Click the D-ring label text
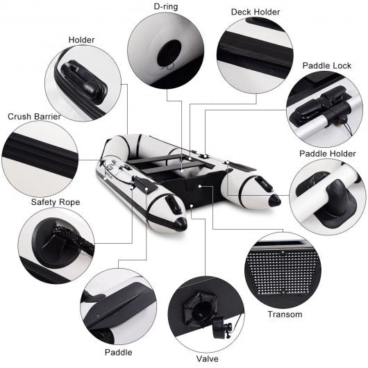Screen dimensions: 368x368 click(166, 6)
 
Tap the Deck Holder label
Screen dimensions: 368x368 click(256, 12)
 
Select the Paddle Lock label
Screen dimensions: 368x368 click(327, 65)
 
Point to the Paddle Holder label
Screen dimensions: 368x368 click(328, 153)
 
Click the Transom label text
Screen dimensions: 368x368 click(285, 315)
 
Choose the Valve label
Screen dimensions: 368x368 click(207, 358)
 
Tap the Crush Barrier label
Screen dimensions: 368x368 click(34, 117)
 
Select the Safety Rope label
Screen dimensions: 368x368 click(56, 202)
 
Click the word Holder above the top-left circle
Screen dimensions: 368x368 click(81, 40)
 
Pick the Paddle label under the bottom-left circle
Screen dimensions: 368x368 click(118, 352)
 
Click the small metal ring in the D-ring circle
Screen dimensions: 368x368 click(170, 67)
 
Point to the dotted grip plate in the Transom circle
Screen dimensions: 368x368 click(283, 272)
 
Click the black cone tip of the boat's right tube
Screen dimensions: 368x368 click(274, 200)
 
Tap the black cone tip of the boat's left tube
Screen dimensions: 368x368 click(181, 224)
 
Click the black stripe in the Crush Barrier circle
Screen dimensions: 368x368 click(40, 151)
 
